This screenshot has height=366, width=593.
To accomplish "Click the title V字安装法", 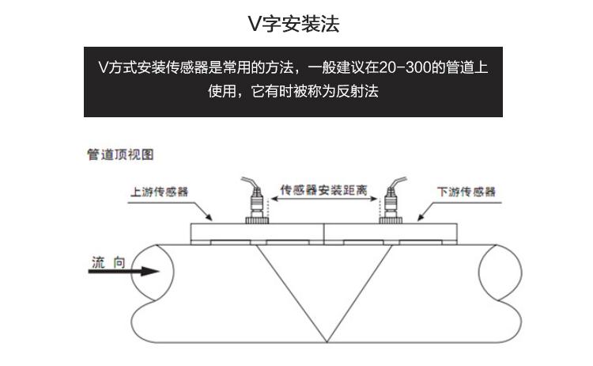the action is click(x=293, y=24).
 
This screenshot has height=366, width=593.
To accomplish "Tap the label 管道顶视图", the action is click(x=120, y=154).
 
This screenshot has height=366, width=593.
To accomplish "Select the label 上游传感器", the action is click(x=159, y=192).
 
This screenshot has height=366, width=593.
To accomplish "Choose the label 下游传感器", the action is click(x=466, y=192).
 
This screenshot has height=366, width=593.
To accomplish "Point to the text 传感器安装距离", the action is click(x=323, y=190).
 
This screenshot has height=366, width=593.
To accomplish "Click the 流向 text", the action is click(x=108, y=262).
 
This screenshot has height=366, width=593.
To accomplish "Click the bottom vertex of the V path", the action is click(x=327, y=342).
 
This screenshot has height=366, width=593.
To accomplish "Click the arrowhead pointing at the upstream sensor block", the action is click(x=209, y=217).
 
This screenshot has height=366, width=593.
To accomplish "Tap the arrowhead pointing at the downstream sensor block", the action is click(x=421, y=217).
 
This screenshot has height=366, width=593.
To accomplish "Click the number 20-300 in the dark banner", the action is click(x=405, y=67).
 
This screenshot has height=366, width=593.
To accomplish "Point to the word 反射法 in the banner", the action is click(x=357, y=91).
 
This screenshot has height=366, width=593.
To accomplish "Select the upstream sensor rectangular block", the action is click(x=257, y=234).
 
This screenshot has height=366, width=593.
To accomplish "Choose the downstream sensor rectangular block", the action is click(x=391, y=234).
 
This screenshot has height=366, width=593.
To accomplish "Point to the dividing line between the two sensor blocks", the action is click(x=324, y=234).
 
